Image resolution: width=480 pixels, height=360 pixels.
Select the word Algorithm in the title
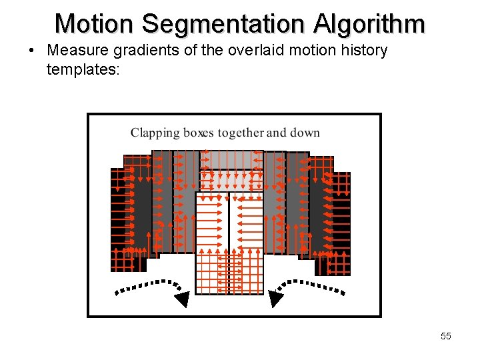point(370,24)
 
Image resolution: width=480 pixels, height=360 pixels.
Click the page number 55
point(445,336)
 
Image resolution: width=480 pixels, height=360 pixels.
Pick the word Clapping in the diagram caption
point(155,133)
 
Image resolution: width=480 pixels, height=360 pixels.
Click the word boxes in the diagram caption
point(197,133)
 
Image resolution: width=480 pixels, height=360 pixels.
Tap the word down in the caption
point(305,133)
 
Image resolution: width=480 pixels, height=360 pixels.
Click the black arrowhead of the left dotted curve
point(181,299)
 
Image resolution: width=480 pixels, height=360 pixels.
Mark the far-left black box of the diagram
point(121,220)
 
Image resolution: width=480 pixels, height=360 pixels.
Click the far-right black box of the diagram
point(340,223)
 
